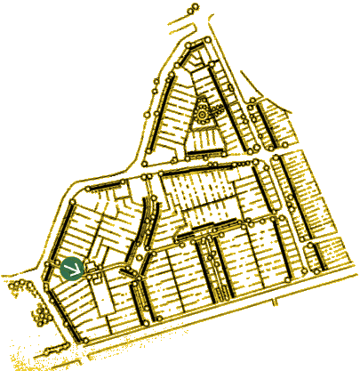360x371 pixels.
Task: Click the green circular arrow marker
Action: coord(72,268)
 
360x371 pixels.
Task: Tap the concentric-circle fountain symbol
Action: coord(203,115)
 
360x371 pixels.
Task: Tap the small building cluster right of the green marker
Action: coord(96,269)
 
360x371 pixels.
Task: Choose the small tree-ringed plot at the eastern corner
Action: coord(314,258)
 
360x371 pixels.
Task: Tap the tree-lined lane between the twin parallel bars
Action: coord(214,267)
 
